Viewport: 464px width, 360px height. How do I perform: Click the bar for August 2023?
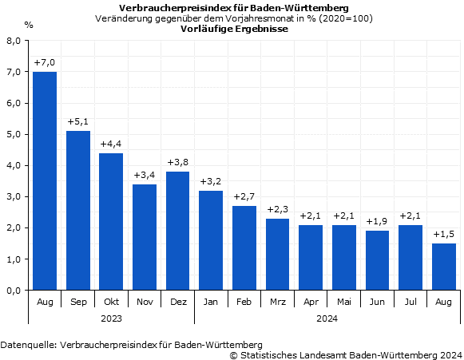pyautogui.click(x=45, y=181)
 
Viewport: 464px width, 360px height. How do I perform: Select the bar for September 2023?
pyautogui.click(x=78, y=211)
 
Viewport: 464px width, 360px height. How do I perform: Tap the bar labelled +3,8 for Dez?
pyautogui.click(x=178, y=231)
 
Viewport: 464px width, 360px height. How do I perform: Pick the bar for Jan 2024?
pyautogui.click(x=211, y=240)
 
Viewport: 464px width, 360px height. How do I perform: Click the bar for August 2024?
pyautogui.click(x=444, y=267)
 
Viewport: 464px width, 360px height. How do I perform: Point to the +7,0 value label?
pyautogui.click(x=45, y=62)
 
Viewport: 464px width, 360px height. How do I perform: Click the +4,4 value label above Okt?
pyautogui.click(x=111, y=144)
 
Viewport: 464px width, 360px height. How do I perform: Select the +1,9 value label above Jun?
pyautogui.click(x=378, y=221)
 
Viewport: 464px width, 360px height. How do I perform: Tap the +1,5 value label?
pyautogui.click(x=444, y=234)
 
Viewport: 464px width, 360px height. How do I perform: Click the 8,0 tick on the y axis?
pyautogui.click(x=14, y=42)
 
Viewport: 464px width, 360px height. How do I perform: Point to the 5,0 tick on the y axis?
pyautogui.click(x=14, y=135)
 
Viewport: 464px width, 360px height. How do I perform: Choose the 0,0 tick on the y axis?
pyautogui.click(x=14, y=291)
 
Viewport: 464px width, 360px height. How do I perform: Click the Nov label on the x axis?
pyautogui.click(x=145, y=303)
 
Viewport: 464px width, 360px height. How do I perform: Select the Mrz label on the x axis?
pyautogui.click(x=278, y=303)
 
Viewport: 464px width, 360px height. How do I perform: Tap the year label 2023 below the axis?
pyautogui.click(x=111, y=318)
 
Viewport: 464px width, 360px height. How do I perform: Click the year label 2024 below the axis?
pyautogui.click(x=327, y=318)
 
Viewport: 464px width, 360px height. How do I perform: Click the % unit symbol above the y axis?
pyautogui.click(x=29, y=25)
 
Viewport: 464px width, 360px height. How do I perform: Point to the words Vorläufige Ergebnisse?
pyautogui.click(x=234, y=28)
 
